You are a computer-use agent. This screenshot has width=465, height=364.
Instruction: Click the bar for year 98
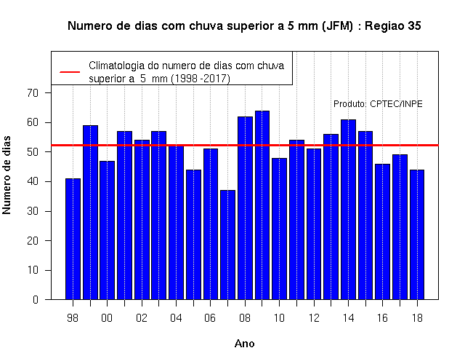73,239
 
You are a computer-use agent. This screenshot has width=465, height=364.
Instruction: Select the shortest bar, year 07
227,245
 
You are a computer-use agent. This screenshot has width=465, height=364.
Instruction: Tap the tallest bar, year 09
262,205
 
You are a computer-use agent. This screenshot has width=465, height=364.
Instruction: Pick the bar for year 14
348,210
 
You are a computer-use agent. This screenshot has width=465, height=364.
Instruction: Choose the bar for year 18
417,234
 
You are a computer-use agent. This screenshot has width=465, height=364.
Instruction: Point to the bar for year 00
108,230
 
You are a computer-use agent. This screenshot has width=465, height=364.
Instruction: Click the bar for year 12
314,224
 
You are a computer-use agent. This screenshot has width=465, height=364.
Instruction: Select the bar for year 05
193,234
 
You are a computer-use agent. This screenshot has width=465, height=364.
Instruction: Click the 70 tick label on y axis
33,93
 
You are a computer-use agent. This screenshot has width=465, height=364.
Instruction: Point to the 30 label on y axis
33,211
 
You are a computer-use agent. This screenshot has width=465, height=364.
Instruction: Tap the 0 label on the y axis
36,299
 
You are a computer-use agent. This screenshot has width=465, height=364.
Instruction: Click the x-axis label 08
245,318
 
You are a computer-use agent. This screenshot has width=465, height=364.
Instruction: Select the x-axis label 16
383,318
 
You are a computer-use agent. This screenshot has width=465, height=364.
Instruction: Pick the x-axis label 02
142,318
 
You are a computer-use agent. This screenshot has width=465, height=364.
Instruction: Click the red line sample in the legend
70,72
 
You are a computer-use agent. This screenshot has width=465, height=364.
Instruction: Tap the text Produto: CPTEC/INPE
378,104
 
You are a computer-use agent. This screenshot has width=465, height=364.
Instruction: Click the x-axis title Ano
244,344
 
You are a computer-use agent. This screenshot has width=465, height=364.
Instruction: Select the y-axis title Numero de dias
7,175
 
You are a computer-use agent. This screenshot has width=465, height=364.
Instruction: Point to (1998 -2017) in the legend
201,79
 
